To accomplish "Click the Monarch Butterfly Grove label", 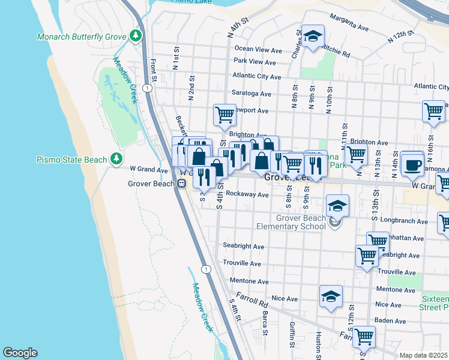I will coord(80,37).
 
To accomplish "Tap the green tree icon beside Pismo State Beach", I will coord(117,160).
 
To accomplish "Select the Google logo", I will coord(20,353).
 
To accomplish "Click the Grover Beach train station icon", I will coord(181,185).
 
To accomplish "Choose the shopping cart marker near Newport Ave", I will coord(224,113).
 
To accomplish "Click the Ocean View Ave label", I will coord(258,49).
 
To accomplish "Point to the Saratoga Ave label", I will coord(251,94).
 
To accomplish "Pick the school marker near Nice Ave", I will coord(330,296).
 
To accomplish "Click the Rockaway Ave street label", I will coord(247,195).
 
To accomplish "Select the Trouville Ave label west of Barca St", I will coord(243,263).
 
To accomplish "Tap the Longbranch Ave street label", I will coord(403,221).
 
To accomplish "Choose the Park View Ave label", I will coord(255,62).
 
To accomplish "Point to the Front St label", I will coord(154,69).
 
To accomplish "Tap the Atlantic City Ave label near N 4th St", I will coord(256,77).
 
